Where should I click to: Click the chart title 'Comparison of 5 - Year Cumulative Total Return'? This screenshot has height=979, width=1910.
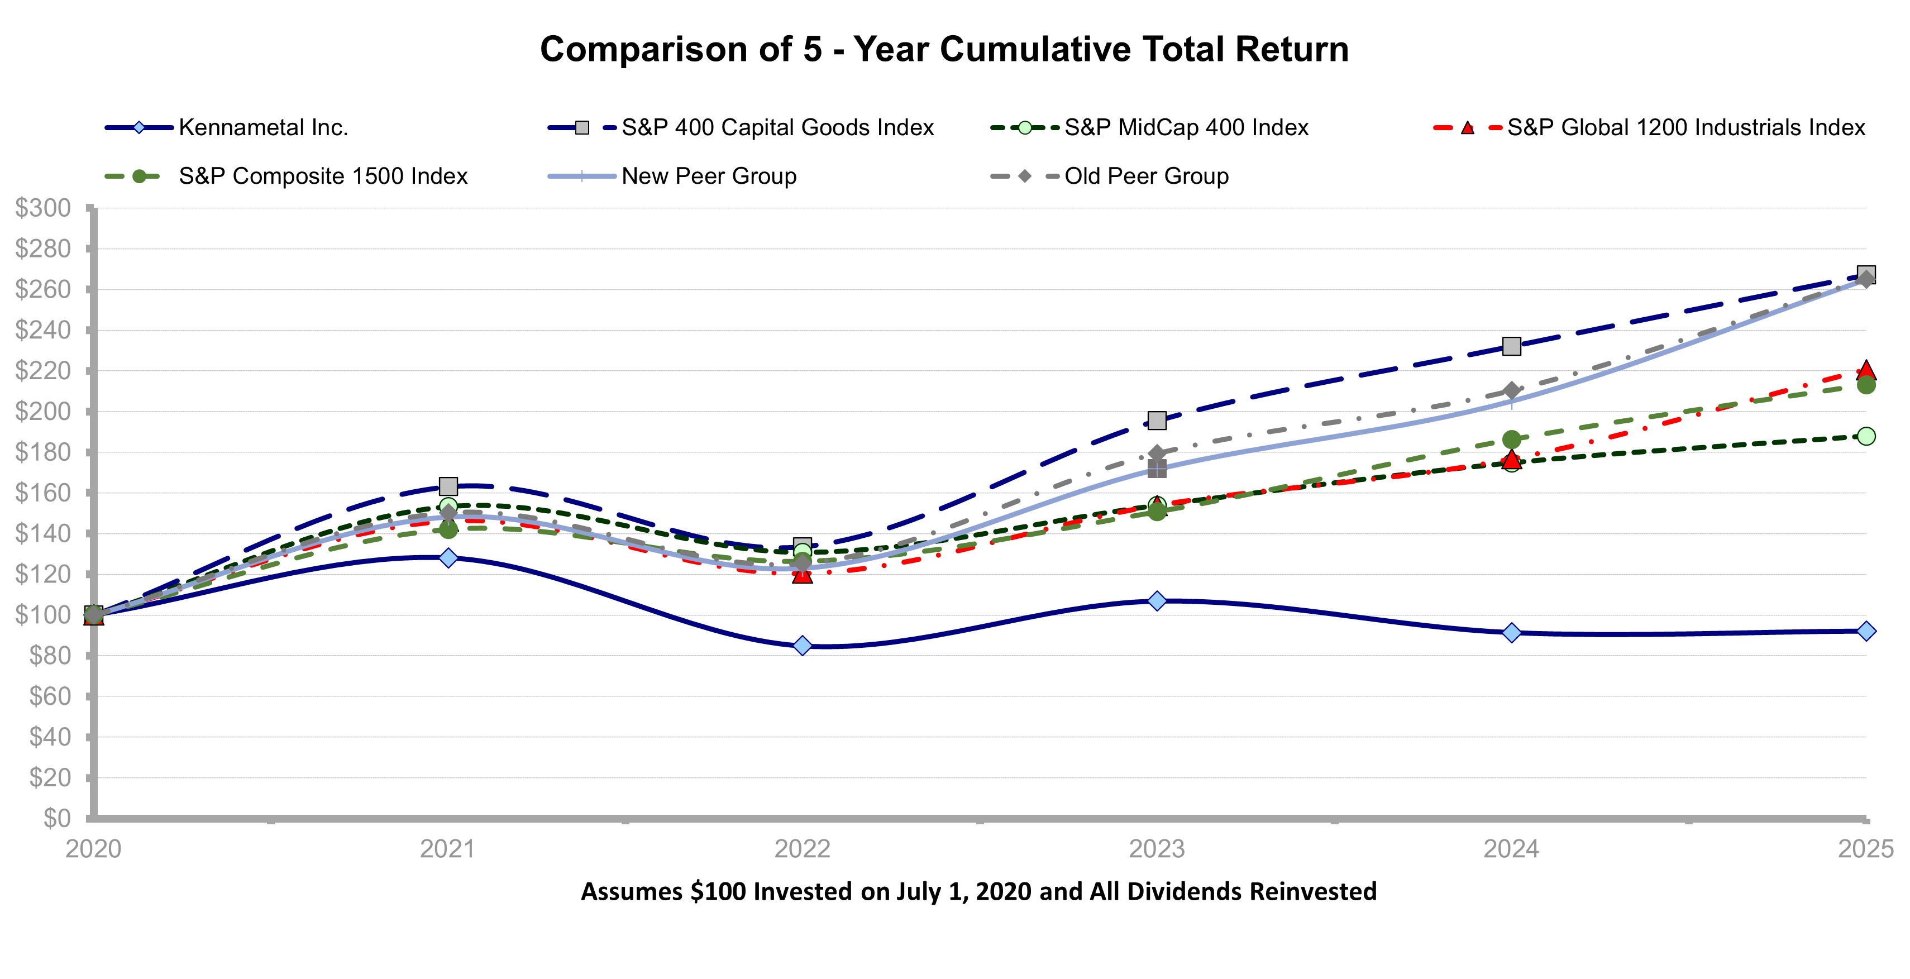pyautogui.click(x=944, y=50)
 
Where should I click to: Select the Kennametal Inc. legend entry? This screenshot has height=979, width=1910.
pyautogui.click(x=262, y=127)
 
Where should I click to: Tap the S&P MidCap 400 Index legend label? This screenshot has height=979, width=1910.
pyautogui.click(x=1186, y=127)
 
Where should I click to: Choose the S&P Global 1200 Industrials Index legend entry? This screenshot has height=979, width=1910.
pyautogui.click(x=1685, y=127)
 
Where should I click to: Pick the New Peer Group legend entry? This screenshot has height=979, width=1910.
pyautogui.click(x=708, y=176)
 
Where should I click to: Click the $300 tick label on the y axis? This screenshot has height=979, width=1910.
pyautogui.click(x=43, y=208)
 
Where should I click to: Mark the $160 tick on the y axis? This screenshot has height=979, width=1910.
pyautogui.click(x=43, y=493)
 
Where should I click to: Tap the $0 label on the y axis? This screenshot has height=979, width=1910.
pyautogui.click(x=56, y=818)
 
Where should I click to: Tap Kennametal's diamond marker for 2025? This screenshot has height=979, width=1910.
pyautogui.click(x=1866, y=631)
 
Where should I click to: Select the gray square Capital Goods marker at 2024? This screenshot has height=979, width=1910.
pyautogui.click(x=1511, y=346)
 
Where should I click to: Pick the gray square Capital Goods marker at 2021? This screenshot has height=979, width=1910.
pyautogui.click(x=448, y=486)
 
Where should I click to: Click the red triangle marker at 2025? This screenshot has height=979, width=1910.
pyautogui.click(x=1866, y=370)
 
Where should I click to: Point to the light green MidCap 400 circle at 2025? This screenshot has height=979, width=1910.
pyautogui.click(x=1866, y=436)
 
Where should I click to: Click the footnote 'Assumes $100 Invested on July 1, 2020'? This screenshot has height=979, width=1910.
pyautogui.click(x=978, y=891)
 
